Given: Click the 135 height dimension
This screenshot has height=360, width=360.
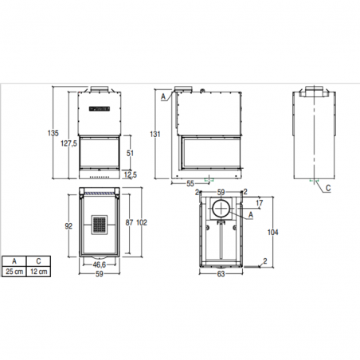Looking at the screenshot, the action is (x=53, y=133).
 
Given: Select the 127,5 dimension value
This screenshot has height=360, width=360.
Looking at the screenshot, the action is (x=68, y=143).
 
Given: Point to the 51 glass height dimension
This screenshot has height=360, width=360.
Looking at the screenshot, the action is (x=130, y=153).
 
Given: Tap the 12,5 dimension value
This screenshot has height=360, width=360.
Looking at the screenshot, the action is (x=131, y=174).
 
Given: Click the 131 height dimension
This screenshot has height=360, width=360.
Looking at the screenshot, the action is (x=155, y=134).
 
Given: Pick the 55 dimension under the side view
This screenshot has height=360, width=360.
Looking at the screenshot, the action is (x=190, y=183).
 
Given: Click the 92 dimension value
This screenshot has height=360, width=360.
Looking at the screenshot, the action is (x=68, y=226).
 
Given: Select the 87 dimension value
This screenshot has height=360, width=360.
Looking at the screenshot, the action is (x=129, y=222).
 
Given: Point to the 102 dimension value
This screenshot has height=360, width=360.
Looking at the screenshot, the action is (x=142, y=222).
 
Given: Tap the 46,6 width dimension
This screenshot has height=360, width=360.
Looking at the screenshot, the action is (x=100, y=264).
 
